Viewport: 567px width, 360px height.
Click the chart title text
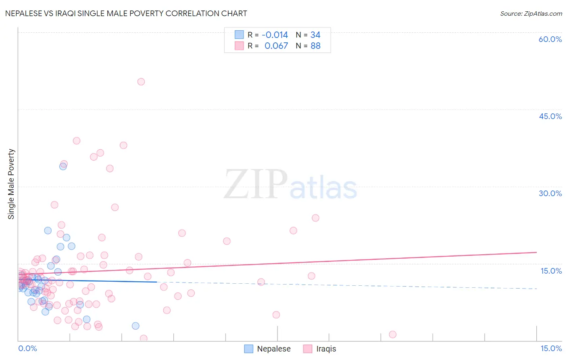(x=126, y=13)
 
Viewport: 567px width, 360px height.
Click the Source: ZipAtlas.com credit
(x=531, y=13)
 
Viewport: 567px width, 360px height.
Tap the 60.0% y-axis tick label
(x=550, y=39)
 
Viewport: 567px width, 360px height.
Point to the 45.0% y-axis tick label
(x=550, y=116)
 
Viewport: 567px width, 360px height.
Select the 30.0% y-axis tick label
(x=550, y=193)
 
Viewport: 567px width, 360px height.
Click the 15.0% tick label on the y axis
(x=551, y=271)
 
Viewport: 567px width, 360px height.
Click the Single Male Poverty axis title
(x=11, y=184)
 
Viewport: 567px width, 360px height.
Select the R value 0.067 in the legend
(x=276, y=46)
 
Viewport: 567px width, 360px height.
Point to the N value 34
(x=315, y=35)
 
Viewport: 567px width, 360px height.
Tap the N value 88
(x=315, y=46)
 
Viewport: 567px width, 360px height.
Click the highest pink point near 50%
(x=141, y=82)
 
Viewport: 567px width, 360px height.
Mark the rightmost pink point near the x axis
(x=392, y=334)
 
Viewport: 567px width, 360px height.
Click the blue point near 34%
(x=63, y=166)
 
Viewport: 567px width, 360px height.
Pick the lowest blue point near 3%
(x=135, y=326)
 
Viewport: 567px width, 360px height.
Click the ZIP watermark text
(x=256, y=184)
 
